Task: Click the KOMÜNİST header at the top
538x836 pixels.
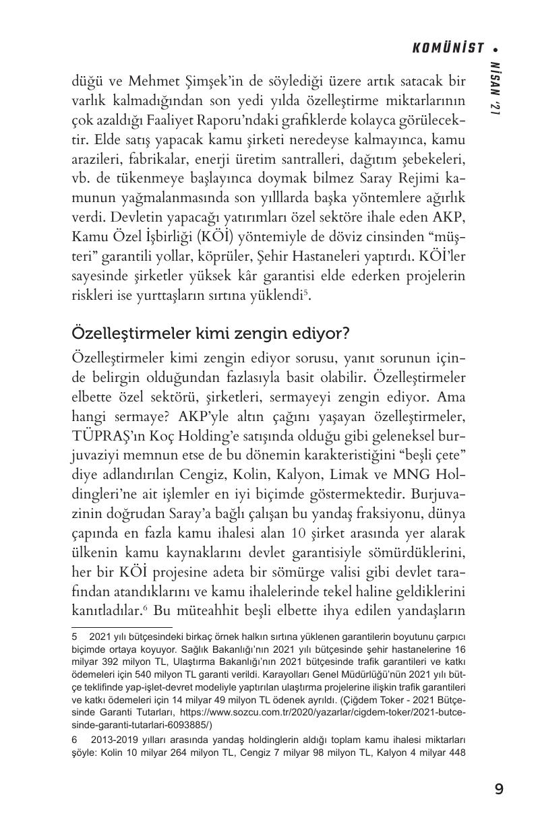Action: pos(449,48)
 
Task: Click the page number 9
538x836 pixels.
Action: pos(498,790)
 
